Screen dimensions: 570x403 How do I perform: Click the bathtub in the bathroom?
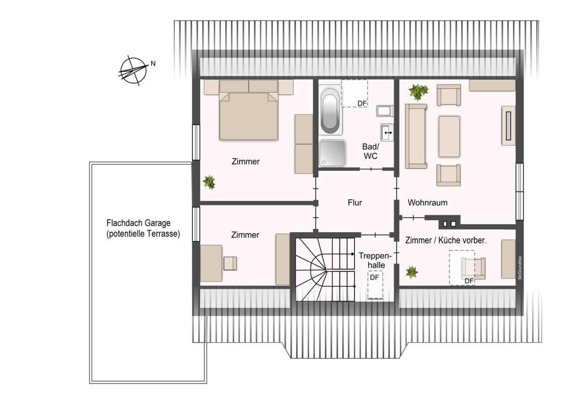(x=330, y=110)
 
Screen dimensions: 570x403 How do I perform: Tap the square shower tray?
(x=332, y=153)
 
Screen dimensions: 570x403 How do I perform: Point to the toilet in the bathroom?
(x=385, y=110)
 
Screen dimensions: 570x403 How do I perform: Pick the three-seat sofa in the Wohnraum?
(x=416, y=137)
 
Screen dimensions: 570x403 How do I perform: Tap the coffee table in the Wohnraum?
(x=449, y=137)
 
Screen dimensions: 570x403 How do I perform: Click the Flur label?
(x=355, y=203)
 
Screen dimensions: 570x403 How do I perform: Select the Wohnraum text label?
(x=427, y=203)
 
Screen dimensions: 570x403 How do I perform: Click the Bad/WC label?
(x=371, y=151)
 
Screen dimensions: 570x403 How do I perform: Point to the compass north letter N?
(x=153, y=63)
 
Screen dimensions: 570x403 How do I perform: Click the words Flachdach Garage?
(x=138, y=223)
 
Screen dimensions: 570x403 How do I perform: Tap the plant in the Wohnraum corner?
(x=418, y=92)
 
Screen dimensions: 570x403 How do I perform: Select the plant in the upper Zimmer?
(x=209, y=182)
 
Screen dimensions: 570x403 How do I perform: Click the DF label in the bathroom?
(x=362, y=104)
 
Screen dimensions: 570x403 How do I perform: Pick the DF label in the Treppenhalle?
(x=375, y=278)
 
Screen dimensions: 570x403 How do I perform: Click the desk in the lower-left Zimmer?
(x=211, y=263)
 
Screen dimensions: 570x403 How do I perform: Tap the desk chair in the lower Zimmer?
(x=230, y=263)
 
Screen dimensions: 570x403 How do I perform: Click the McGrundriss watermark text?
(x=520, y=267)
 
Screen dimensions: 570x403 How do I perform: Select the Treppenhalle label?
(x=376, y=260)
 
